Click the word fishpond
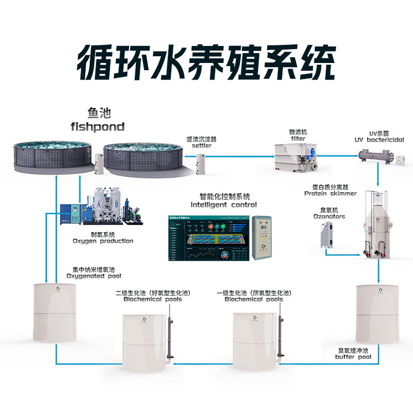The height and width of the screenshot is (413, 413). coord(98,126)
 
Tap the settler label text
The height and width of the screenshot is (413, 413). coord(201,146)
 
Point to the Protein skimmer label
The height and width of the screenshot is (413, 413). coord(330,194)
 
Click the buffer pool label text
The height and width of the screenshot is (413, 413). coord(353,357)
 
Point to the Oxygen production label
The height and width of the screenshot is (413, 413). coord(103,241)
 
